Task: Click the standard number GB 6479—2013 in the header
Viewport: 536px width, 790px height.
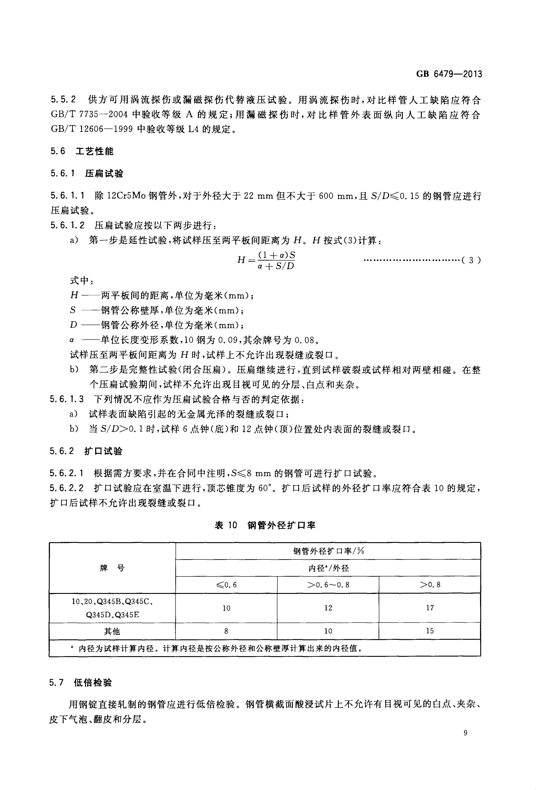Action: click(x=449, y=74)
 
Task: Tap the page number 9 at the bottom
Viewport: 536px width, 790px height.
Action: click(x=465, y=742)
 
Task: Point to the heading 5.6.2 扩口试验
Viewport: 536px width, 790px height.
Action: click(x=86, y=451)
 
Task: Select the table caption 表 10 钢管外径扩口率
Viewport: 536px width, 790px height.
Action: click(x=265, y=526)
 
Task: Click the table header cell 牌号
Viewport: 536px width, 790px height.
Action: click(x=112, y=568)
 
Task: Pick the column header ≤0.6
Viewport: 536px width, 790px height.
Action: click(x=226, y=585)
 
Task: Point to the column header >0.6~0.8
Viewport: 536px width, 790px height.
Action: click(x=328, y=585)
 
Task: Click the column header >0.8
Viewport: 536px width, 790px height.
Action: click(x=430, y=585)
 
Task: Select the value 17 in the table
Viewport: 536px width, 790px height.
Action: click(x=430, y=608)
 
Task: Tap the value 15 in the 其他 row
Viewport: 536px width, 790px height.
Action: click(x=430, y=631)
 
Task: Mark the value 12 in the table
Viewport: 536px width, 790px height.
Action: click(x=328, y=608)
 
